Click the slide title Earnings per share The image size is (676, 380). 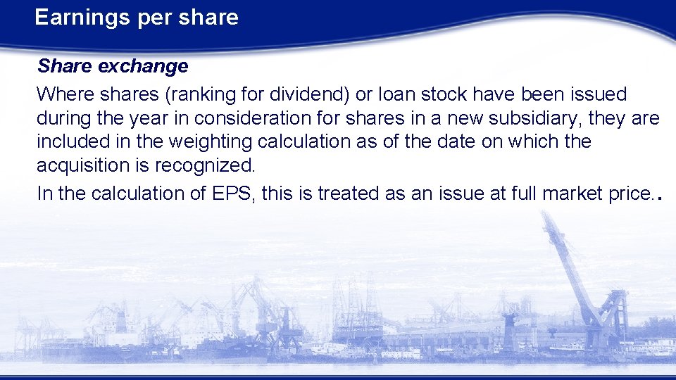137,18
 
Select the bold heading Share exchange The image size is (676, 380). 113,66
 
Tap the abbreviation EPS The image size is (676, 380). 230,193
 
